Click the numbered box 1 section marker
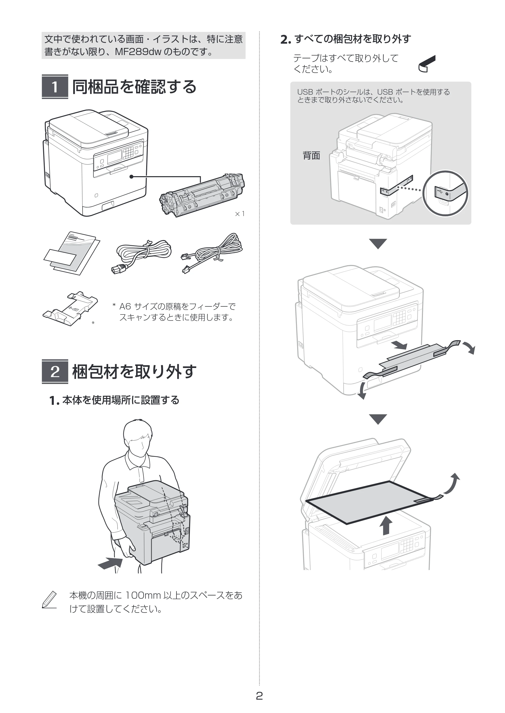[x=55, y=87]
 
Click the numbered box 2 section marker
[x=55, y=372]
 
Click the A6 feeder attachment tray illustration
[x=70, y=308]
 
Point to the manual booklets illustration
[x=72, y=253]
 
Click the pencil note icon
[x=49, y=600]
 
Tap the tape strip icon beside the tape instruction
[x=427, y=64]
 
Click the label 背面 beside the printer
[x=312, y=155]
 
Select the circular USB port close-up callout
[x=445, y=193]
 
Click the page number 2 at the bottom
[x=259, y=696]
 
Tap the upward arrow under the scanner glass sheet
[x=386, y=525]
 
